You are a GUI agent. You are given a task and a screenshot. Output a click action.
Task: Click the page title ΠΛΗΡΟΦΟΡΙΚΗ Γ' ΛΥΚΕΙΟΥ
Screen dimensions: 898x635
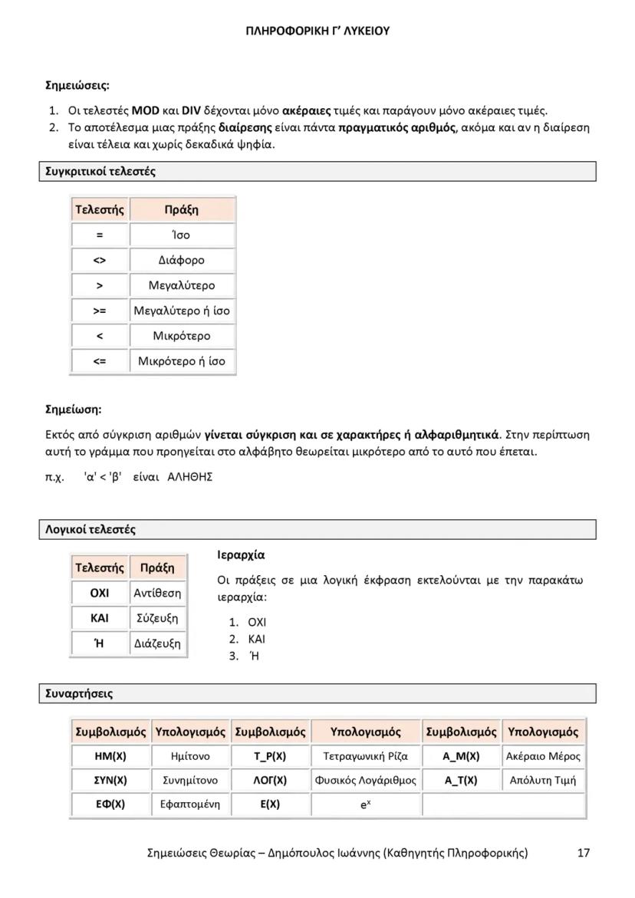click(317, 31)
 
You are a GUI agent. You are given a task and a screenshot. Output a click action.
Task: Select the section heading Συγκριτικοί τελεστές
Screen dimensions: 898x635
click(97, 172)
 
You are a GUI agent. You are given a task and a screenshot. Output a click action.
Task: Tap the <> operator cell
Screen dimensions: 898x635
click(100, 260)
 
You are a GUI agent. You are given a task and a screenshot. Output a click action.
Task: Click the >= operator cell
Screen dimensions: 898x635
click(100, 311)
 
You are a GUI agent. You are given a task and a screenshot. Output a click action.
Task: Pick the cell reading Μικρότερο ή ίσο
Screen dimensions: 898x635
click(182, 361)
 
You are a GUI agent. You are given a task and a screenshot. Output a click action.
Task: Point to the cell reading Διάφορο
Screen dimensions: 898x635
click(182, 260)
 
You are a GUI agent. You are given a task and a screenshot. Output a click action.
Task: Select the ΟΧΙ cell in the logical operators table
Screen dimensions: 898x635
click(100, 593)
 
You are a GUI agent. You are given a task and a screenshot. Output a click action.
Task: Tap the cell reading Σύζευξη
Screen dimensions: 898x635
click(157, 618)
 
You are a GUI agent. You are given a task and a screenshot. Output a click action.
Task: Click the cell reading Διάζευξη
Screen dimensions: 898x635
click(157, 643)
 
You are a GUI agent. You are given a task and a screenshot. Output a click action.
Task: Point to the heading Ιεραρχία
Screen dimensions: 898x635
click(241, 555)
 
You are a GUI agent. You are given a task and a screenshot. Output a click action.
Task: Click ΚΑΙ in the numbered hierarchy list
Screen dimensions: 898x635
click(257, 639)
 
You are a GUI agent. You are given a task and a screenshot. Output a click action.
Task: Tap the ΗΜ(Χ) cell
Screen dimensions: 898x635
click(110, 756)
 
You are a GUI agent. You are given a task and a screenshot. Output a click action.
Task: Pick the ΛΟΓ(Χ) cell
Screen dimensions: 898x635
click(270, 781)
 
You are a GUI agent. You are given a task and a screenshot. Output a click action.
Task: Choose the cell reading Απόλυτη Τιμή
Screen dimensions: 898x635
click(543, 781)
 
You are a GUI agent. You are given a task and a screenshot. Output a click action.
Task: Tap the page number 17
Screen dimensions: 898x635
click(584, 853)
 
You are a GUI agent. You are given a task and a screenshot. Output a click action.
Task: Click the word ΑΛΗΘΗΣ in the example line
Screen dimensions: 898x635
click(189, 477)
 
